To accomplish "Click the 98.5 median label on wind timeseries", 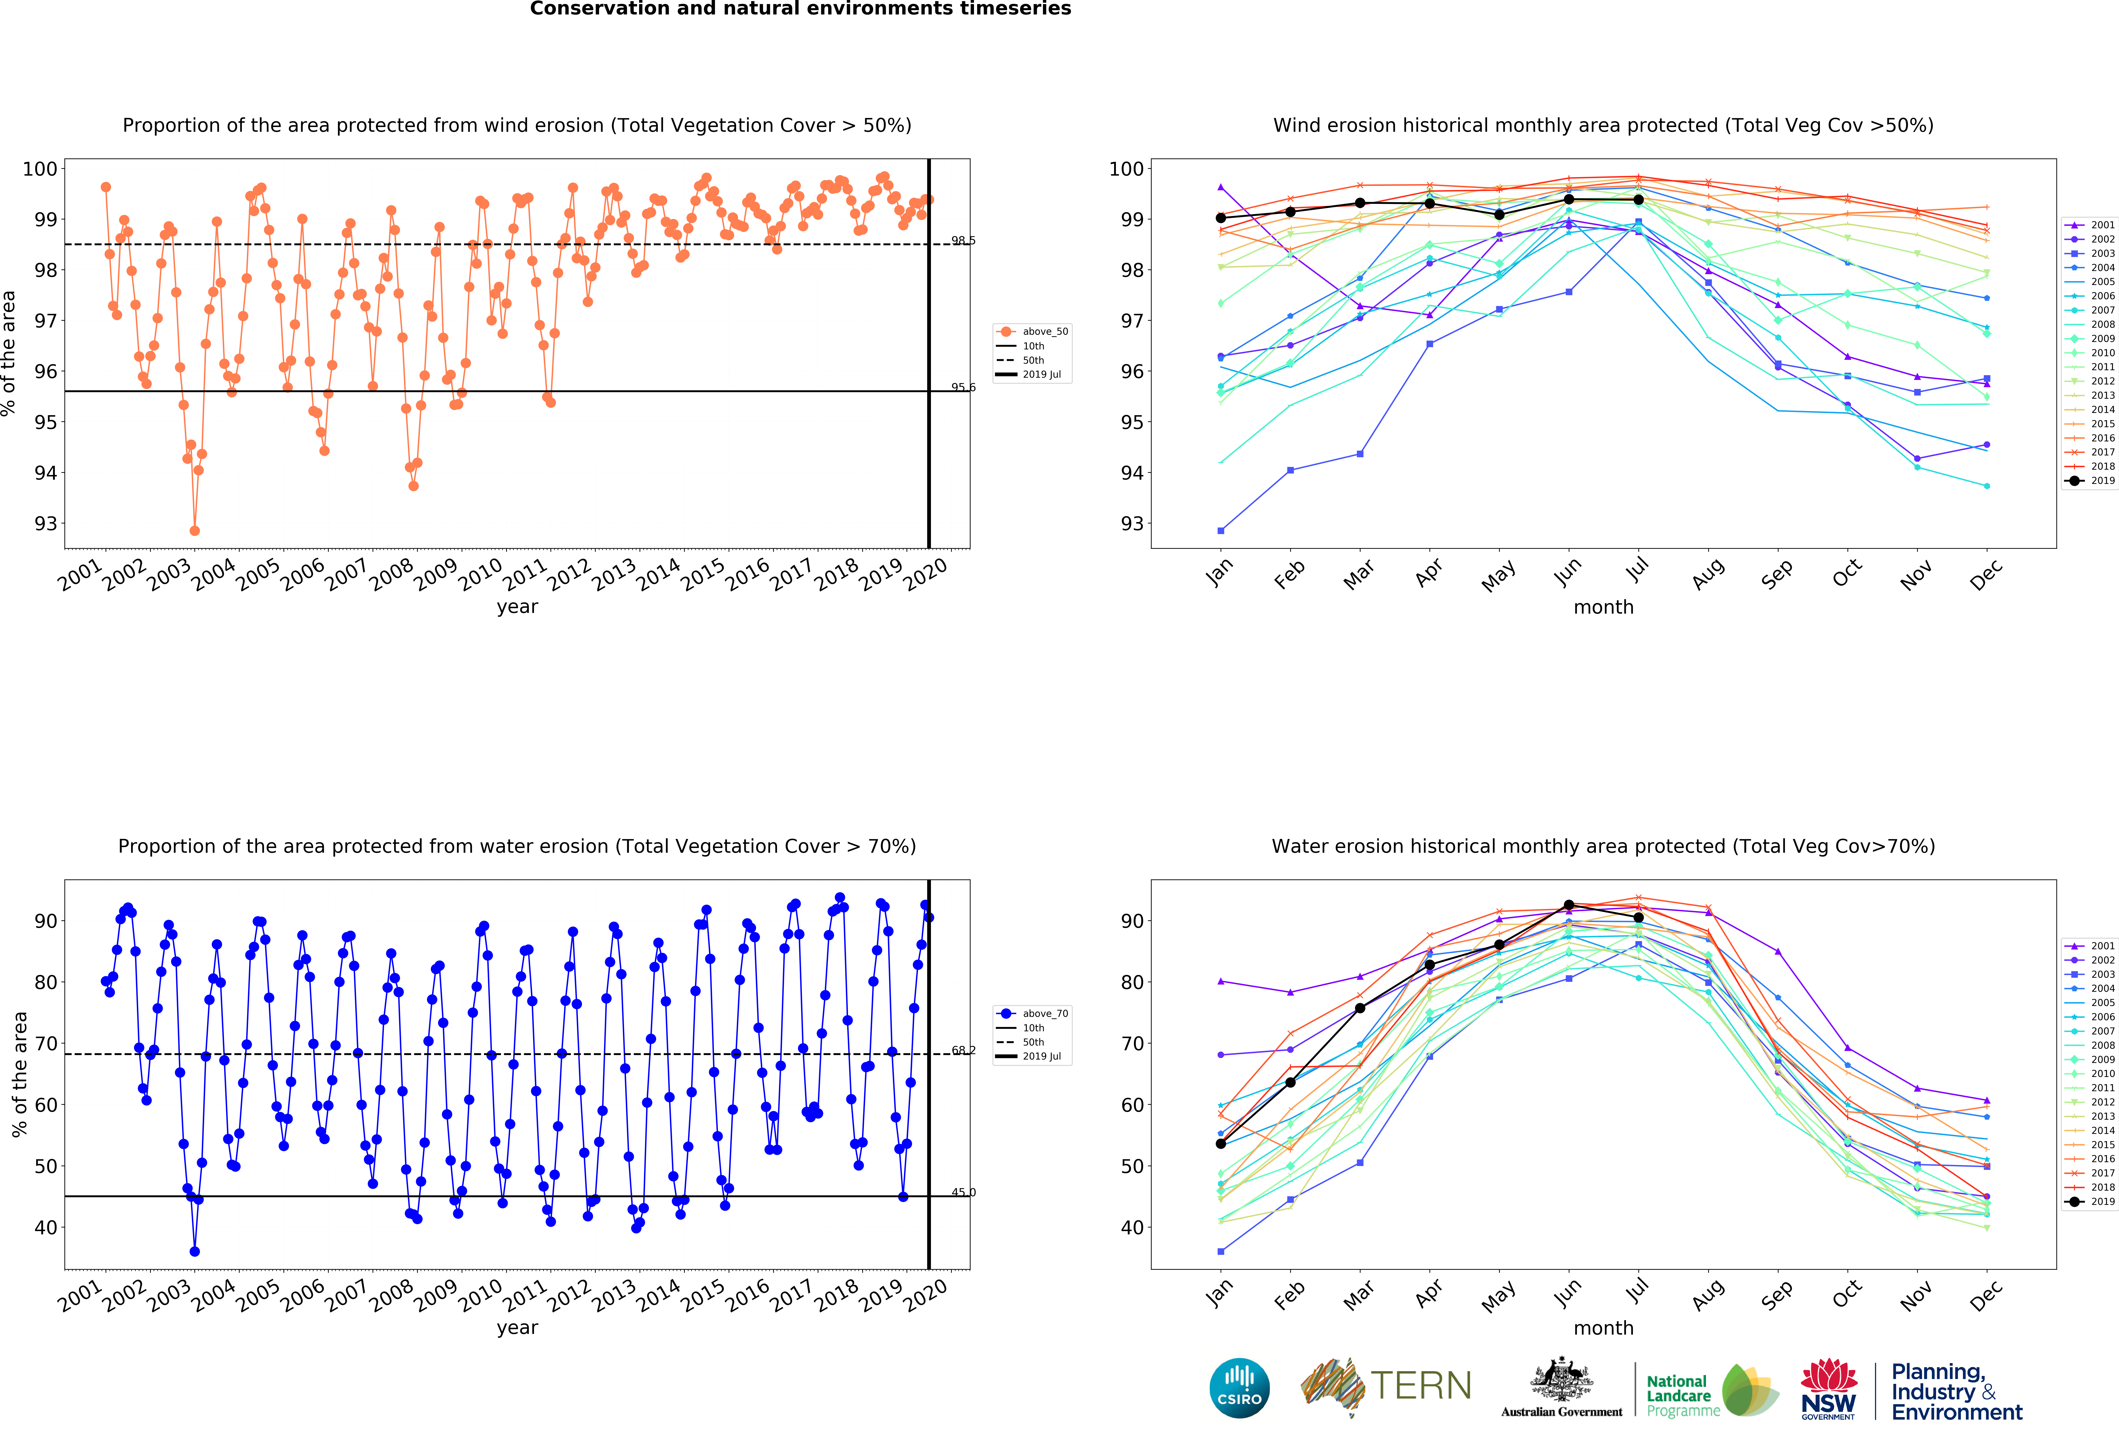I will pos(963,241).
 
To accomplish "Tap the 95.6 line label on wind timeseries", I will pos(963,387).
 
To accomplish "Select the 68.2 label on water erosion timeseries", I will pos(963,1050).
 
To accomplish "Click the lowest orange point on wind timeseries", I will pos(194,530).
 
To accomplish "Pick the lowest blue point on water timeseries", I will pos(194,1252).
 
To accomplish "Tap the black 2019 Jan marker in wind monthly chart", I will pos(1221,218).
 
